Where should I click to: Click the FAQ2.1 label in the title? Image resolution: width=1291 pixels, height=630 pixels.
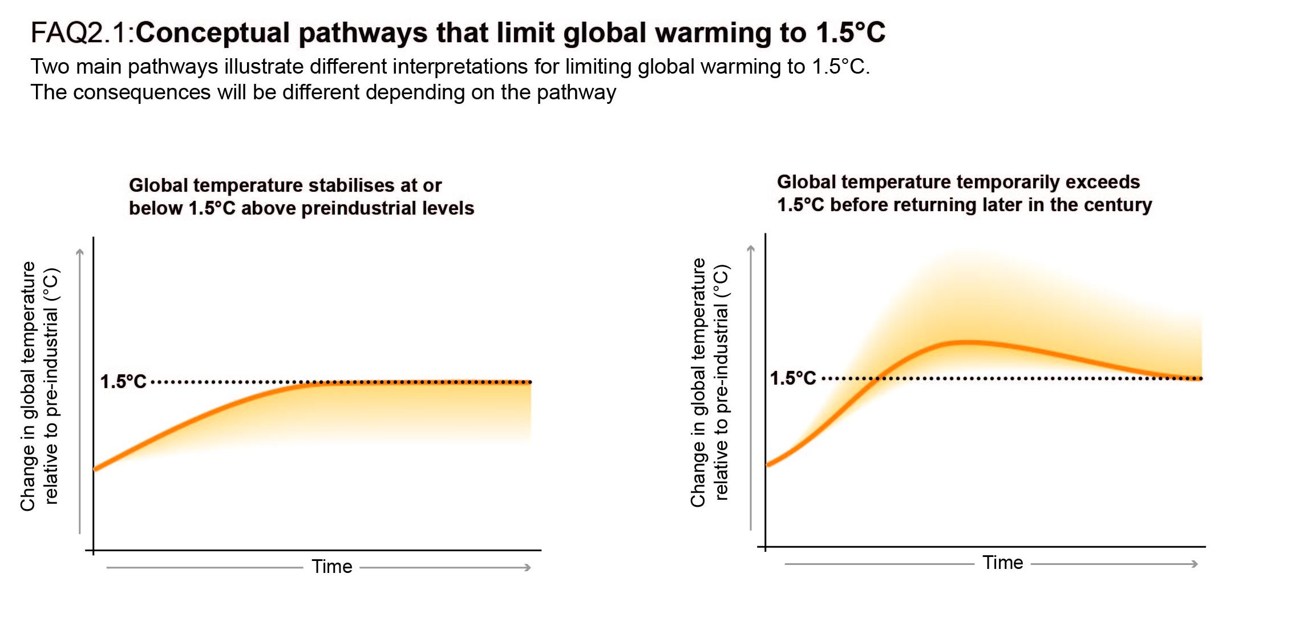[82, 33]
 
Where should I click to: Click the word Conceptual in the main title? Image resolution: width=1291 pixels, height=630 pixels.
[213, 33]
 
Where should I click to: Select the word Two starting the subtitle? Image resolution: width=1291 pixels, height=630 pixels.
[50, 67]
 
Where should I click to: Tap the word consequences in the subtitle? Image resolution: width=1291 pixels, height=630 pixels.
[142, 92]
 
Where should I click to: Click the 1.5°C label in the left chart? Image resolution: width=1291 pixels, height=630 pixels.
[123, 381]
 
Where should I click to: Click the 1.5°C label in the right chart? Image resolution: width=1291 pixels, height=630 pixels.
[793, 378]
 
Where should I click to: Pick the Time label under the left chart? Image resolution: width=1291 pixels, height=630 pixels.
[331, 567]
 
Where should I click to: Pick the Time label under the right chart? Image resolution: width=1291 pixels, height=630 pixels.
[1002, 563]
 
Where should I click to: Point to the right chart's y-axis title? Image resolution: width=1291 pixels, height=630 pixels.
[709, 382]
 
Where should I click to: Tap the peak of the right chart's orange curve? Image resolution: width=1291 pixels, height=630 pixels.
[966, 342]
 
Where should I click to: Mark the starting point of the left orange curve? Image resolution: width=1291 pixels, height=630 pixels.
[95, 469]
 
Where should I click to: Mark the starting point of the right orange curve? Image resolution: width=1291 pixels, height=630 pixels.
[768, 465]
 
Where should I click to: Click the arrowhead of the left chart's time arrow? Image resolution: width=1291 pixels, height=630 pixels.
[528, 567]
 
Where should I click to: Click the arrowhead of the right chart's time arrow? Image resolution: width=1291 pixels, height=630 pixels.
[1195, 564]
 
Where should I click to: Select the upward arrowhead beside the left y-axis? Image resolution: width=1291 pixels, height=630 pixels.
[80, 252]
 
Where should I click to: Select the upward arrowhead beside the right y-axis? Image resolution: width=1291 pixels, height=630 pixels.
[751, 248]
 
